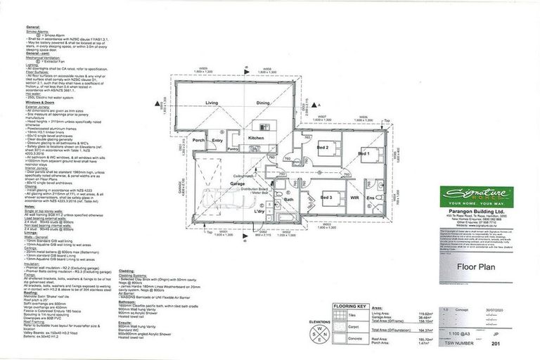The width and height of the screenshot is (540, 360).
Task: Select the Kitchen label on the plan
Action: point(255,139)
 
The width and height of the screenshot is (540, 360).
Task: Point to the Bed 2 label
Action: point(323,148)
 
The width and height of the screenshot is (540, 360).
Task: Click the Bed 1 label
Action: point(364,153)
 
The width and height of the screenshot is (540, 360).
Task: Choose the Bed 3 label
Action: point(326,198)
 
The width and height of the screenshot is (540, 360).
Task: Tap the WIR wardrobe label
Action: point(354,199)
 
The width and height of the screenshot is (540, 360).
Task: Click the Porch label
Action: point(199,140)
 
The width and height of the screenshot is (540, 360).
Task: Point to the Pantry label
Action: point(234,149)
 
